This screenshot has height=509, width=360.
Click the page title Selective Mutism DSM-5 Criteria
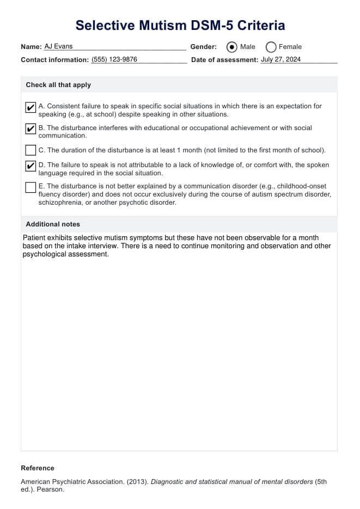coord(180,25)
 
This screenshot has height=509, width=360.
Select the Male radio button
coord(232,47)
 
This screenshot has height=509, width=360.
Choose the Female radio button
coord(271,47)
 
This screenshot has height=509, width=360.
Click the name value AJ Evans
coord(58,46)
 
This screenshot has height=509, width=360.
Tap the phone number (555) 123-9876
coord(114,60)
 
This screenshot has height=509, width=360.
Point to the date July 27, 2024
coord(280,60)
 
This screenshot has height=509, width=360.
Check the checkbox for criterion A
coord(31,107)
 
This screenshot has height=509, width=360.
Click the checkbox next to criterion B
coord(31,129)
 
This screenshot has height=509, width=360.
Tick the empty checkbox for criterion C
coord(31,150)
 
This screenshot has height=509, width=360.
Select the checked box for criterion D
coord(31,165)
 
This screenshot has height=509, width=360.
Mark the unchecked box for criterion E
coord(31,187)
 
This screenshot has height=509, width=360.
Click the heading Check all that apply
coord(58,85)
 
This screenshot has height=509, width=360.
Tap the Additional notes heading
coord(53,224)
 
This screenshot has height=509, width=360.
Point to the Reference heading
coord(38,468)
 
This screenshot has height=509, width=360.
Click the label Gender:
coord(203,47)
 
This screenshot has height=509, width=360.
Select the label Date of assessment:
coord(224,60)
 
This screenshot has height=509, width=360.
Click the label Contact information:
coord(54,60)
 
